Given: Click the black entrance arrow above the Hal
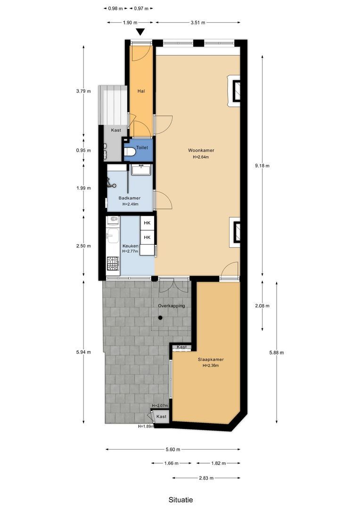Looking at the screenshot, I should click(x=140, y=32).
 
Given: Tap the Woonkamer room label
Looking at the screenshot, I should click(x=200, y=150).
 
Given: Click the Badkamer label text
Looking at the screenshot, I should click(x=129, y=198).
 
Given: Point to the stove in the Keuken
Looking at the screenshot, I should click(x=113, y=266).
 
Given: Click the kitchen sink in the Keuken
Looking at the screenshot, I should click(x=112, y=234).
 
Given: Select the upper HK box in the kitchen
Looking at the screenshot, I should click(x=147, y=223).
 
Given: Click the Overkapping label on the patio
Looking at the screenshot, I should click(x=171, y=306).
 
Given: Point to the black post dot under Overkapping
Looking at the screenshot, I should click(x=160, y=318).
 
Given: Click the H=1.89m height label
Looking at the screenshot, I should click(x=146, y=426).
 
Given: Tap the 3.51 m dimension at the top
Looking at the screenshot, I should click(x=198, y=22).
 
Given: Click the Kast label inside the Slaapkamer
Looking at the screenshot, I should click(x=181, y=347).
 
